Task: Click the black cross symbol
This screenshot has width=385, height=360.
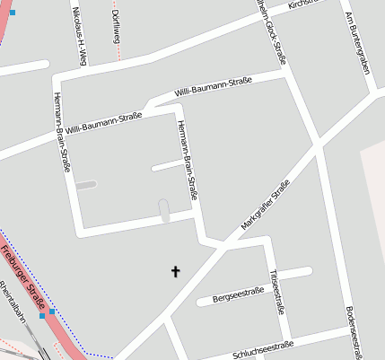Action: [x=175, y=270]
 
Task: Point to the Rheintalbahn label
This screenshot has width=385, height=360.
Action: [x=15, y=304]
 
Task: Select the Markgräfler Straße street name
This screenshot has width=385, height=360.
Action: [x=266, y=206]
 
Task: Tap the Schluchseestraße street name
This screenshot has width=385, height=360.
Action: [x=262, y=348]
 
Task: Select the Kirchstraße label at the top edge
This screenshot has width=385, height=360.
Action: [x=302, y=4]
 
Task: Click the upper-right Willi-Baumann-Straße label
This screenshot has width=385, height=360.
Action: [x=213, y=86]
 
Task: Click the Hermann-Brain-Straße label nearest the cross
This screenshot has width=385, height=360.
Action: [x=188, y=159]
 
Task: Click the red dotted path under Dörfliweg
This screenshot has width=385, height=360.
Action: [x=117, y=54]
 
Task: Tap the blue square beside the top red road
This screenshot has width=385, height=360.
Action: [x=13, y=13]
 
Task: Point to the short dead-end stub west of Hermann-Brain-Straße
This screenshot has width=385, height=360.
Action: [x=168, y=165]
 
